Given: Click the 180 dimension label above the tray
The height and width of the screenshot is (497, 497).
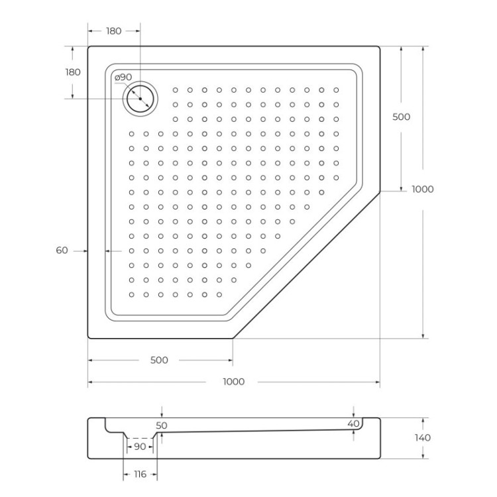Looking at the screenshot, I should [114, 31].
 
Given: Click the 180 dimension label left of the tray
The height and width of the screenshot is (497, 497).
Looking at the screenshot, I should [73, 72].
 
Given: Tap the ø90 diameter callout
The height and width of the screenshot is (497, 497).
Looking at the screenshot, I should [123, 78].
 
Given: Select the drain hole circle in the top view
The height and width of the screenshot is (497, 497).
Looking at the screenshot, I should [140, 99].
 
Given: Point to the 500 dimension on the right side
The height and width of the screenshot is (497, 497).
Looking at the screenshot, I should [402, 117].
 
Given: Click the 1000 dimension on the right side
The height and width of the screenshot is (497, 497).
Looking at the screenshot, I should [422, 189].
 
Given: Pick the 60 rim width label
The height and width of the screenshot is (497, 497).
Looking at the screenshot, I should [62, 250].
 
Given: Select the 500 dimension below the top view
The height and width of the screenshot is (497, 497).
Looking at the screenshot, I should [159, 360].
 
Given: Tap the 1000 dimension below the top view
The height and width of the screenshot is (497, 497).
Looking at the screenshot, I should [233, 382].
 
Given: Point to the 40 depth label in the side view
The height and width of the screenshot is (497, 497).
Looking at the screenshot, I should [353, 423].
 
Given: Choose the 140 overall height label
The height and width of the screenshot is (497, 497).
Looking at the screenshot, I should [422, 437].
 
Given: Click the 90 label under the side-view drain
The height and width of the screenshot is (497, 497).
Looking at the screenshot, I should [140, 447].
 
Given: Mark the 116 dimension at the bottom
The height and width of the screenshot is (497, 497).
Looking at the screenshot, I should [140, 474].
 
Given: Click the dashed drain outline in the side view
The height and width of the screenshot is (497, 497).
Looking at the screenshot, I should [140, 438].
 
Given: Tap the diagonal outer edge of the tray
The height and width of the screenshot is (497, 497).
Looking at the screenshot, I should [307, 265].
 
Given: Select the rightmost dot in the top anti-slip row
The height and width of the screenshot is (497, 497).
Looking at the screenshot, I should [336, 89].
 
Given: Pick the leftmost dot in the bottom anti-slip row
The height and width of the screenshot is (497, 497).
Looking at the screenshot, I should [131, 294].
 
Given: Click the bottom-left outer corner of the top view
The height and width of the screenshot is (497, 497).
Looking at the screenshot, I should [89, 337].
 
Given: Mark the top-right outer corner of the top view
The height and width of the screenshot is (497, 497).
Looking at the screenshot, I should [378, 47].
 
